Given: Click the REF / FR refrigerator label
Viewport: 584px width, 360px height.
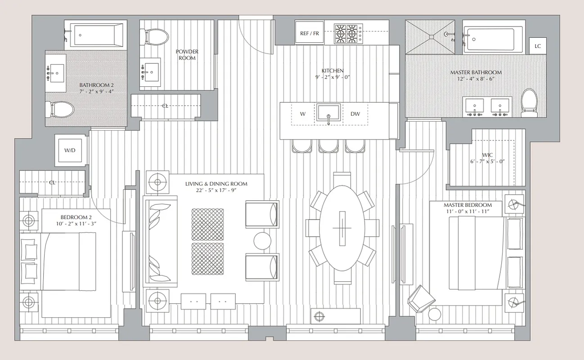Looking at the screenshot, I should point(310,34).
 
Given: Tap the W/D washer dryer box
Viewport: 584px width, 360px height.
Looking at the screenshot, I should point(70,150).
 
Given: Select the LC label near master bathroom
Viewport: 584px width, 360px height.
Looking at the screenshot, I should point(538,46).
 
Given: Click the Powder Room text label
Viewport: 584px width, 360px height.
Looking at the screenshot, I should point(187,55).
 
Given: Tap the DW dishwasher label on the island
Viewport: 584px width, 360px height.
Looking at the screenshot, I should point(355,114).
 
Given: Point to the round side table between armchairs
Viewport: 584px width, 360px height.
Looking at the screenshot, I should point(262,241).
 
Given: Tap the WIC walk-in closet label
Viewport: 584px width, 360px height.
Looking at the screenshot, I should point(487,155).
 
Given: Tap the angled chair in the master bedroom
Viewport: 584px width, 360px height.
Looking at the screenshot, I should point(421,298).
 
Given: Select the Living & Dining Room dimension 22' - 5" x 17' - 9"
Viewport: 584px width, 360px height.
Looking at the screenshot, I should point(216,190).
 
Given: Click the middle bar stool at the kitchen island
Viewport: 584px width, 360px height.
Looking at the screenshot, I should point(328,146).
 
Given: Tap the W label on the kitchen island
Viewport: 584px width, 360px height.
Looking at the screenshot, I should point(303,114).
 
